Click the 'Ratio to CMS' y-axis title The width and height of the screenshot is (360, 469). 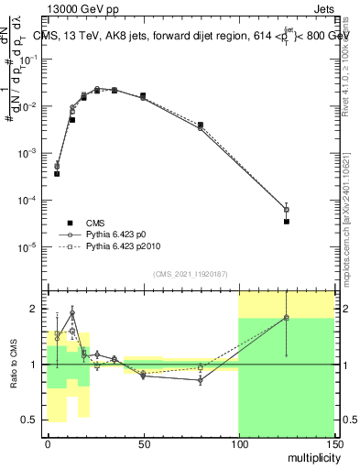click(13, 365)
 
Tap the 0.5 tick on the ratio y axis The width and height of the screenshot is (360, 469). click(32, 420)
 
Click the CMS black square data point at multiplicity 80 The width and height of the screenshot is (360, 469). click(200, 125)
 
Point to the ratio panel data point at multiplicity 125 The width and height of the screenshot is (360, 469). click(286, 318)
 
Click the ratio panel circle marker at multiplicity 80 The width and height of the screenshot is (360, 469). click(200, 379)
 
